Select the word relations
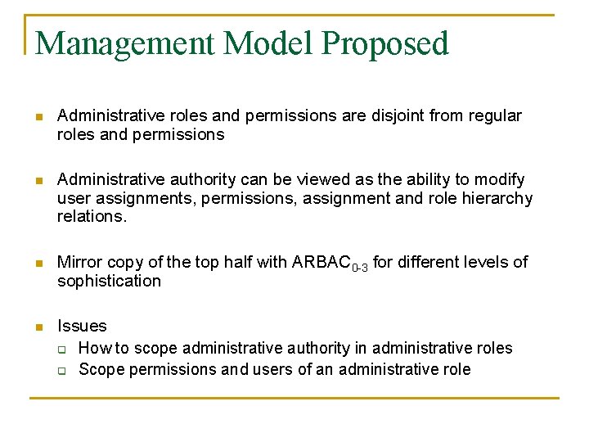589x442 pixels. (x=92, y=217)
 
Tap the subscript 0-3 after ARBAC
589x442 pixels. (x=361, y=267)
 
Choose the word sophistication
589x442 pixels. (x=109, y=281)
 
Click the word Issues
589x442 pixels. (x=82, y=326)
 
